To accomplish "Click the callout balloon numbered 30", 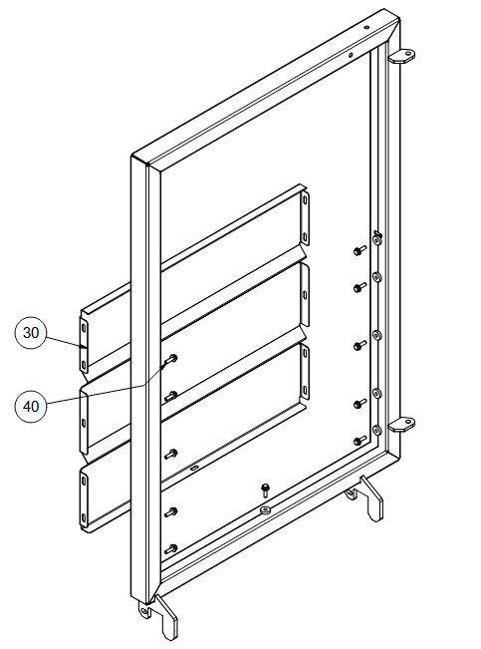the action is click(31, 333).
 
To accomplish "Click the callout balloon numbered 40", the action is click(31, 406).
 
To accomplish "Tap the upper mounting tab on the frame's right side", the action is click(401, 56).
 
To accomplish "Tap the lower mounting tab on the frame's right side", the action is click(401, 425).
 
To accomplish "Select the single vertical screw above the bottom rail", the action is click(265, 490).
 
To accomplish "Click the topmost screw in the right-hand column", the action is click(360, 250).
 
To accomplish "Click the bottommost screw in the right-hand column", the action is click(360, 440).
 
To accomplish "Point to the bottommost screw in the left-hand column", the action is click(171, 549).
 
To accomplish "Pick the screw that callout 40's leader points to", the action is click(171, 359).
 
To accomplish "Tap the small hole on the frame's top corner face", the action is click(366, 28).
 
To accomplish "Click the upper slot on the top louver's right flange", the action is click(305, 200).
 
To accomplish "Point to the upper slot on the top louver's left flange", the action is click(84, 327).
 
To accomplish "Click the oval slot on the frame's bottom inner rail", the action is click(194, 468).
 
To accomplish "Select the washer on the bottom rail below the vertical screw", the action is click(265, 509).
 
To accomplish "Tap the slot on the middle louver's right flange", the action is click(305, 295).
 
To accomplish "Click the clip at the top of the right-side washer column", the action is click(376, 238).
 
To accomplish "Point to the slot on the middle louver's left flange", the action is click(84, 423).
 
